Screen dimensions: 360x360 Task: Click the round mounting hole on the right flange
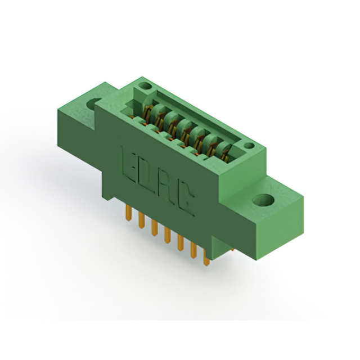click(263, 200)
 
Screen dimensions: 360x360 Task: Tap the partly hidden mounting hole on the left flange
click(93, 103)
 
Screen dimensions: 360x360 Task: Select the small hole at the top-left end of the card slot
click(145, 86)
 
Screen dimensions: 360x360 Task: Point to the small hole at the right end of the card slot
click(249, 145)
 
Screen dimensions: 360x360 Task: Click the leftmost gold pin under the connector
click(129, 213)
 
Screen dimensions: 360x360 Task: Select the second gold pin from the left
click(141, 220)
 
